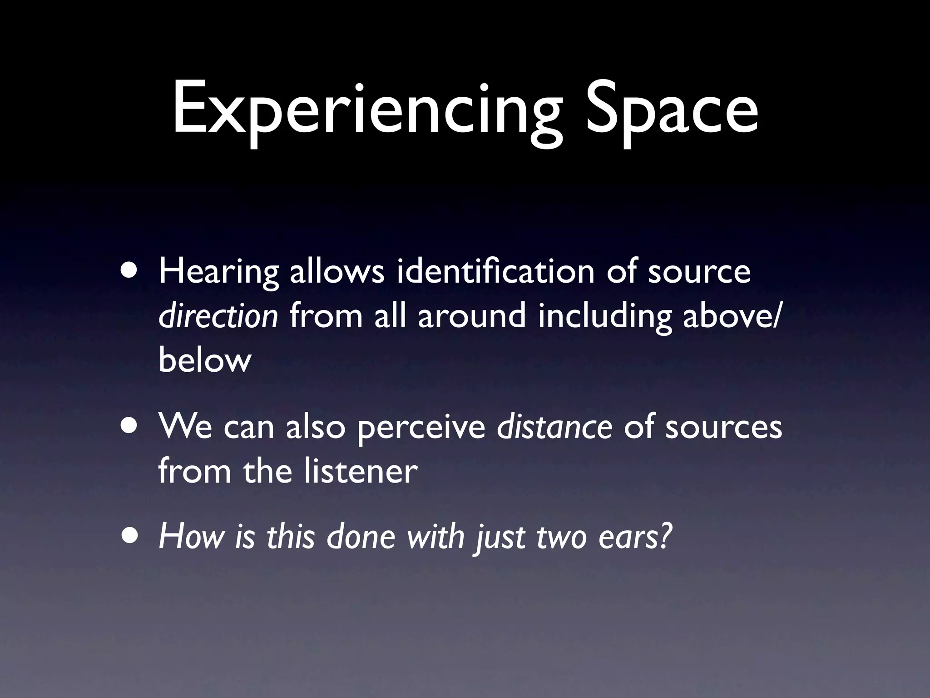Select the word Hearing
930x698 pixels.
click(x=218, y=273)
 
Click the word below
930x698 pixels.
click(x=205, y=360)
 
